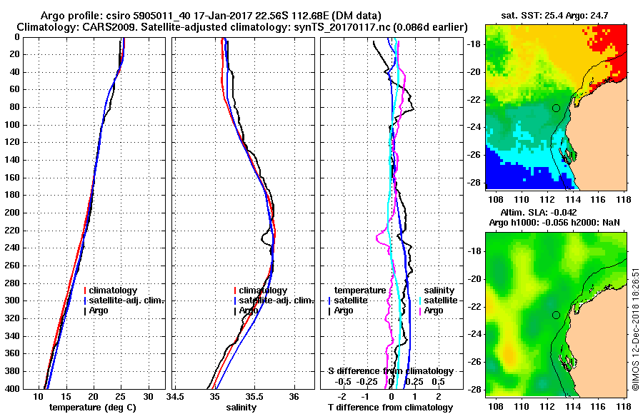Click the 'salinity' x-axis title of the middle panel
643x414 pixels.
pos(241,408)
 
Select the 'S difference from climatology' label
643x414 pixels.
pos(390,370)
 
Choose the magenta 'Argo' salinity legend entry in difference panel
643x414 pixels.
pos(433,310)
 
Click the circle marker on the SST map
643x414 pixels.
pos(556,108)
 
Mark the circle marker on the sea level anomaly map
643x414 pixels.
pos(556,315)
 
